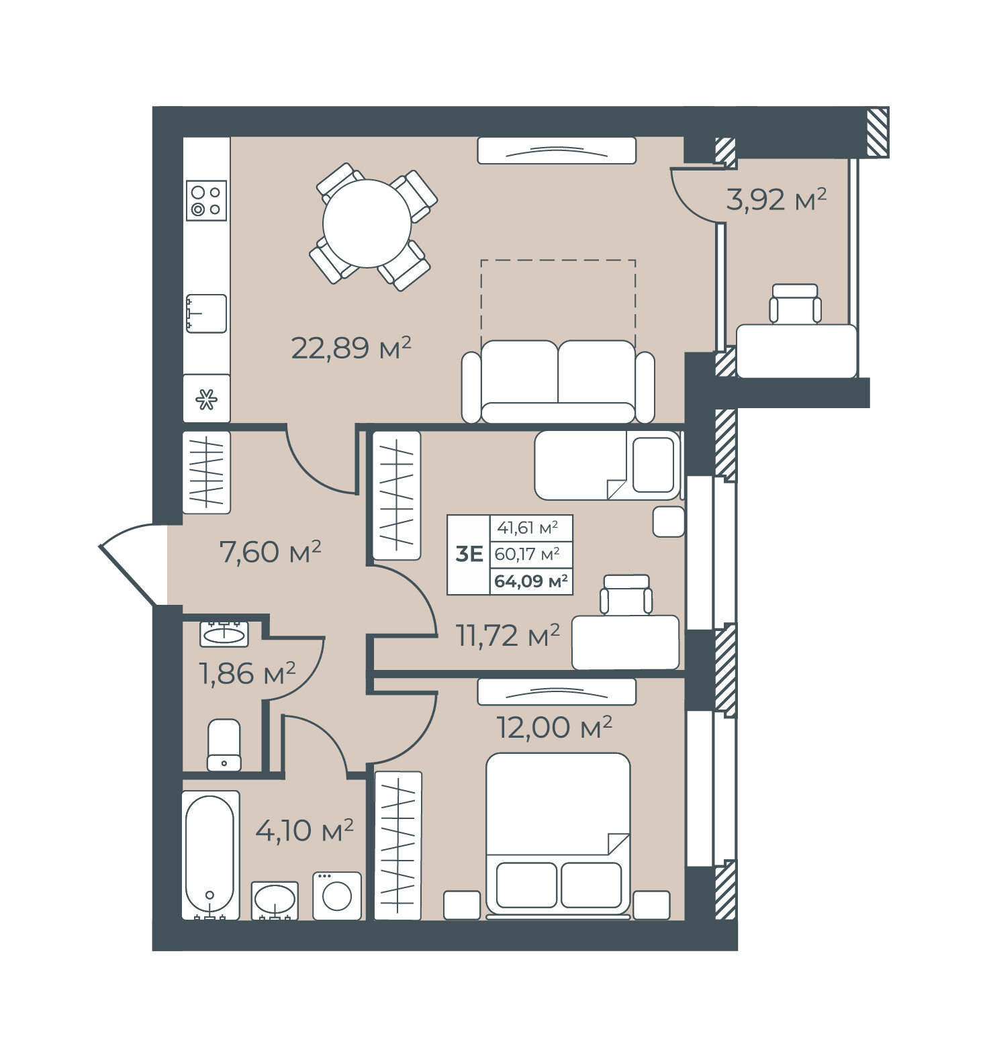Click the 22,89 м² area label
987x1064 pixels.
tap(350, 348)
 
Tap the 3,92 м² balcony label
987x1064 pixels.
tap(776, 199)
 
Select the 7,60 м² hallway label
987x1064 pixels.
tap(270, 552)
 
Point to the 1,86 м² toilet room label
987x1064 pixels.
tap(247, 673)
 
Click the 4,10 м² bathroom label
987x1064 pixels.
tap(304, 830)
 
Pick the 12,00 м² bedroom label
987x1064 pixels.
tap(554, 727)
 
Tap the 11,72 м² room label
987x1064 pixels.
tap(508, 635)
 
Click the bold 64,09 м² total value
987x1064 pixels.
tap(531, 581)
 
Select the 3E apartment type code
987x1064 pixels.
tap(469, 554)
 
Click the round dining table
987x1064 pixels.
tap(367, 224)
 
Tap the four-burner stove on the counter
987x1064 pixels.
tap(206, 201)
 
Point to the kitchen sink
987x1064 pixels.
tap(206, 313)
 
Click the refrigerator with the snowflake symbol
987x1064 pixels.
tap(207, 399)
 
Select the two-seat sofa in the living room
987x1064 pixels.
tap(558, 382)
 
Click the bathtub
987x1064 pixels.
tap(210, 855)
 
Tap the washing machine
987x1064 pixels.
tap(337, 896)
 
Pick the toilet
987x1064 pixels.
tap(224, 745)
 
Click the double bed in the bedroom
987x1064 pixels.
tap(558, 834)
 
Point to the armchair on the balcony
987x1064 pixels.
tap(795, 304)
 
